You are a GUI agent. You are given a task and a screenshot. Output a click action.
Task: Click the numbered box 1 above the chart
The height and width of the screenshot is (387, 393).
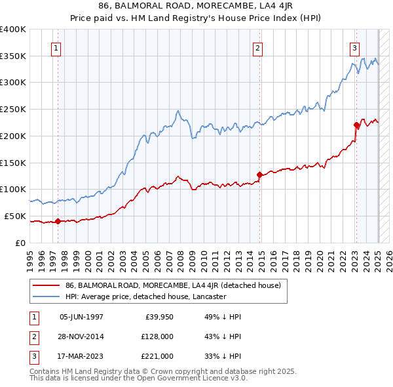[56, 48]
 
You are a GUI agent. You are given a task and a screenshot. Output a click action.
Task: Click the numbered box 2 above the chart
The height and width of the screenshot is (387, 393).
[258, 48]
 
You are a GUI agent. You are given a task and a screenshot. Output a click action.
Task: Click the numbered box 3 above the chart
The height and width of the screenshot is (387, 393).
[354, 48]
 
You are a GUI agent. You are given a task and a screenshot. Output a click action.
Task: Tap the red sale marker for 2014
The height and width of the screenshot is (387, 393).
[259, 174]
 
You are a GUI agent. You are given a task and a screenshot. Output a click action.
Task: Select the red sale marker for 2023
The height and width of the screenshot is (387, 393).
[356, 125]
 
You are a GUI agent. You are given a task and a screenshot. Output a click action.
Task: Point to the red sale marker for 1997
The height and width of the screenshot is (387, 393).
[58, 221]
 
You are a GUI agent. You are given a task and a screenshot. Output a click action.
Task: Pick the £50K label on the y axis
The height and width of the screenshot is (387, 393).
[15, 216]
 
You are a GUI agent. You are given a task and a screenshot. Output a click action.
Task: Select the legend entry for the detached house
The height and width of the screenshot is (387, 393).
[173, 285]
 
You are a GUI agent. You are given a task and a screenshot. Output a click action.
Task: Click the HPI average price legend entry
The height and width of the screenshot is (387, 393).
[145, 296]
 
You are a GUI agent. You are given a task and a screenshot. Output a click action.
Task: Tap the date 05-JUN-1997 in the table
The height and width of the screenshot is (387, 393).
[81, 317]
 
